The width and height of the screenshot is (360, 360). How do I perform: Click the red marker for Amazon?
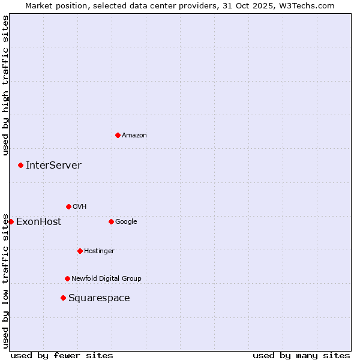pos(118,135)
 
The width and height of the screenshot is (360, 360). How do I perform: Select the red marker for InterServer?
pos(20,165)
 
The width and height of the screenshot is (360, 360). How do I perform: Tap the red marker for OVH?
pos(68,206)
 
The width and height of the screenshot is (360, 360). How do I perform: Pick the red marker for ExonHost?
pos(11,221)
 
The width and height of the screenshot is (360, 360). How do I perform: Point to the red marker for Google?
pos(111,221)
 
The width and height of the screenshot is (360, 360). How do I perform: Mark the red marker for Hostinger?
pos(80,251)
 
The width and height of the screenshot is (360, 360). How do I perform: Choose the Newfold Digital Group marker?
pos(67,278)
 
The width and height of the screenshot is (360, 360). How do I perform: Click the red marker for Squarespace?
pos(63,298)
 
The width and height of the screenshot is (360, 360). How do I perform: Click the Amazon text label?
pos(134,135)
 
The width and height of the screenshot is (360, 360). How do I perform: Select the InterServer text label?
pos(53,165)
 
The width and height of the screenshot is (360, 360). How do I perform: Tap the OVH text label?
pos(80,206)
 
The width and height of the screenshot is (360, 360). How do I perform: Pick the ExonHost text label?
pos(38,221)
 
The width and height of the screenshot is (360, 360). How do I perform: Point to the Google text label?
pos(126,221)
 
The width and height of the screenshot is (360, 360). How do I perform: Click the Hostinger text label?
pos(99,251)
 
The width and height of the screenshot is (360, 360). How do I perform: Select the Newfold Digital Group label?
pos(106,278)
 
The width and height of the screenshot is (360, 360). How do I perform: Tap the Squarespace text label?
pos(99,298)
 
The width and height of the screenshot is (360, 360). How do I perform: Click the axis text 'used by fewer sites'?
pos(62,355)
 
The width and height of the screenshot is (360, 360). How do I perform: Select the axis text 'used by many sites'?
pos(301,355)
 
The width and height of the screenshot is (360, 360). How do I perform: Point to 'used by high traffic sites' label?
pos(5,85)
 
